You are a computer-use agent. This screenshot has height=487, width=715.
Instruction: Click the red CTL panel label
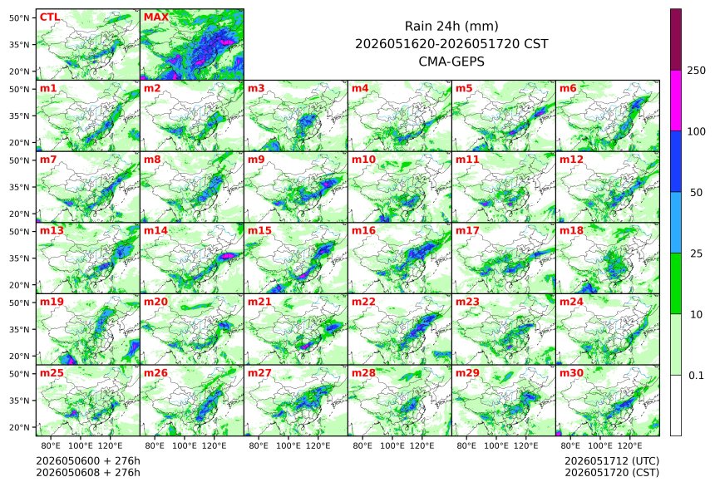(50, 17)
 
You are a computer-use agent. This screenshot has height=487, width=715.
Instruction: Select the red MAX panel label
(156, 17)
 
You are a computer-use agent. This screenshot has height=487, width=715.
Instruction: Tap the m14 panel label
(156, 231)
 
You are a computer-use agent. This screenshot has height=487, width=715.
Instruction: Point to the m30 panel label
(571, 373)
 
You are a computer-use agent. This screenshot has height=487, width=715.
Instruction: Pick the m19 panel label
(52, 302)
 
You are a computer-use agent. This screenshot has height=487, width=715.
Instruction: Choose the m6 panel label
(568, 88)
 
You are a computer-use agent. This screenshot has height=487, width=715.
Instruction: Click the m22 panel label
(363, 302)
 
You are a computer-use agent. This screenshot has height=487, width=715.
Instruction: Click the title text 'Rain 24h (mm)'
(451, 27)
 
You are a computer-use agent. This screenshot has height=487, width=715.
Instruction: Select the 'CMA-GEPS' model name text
(451, 61)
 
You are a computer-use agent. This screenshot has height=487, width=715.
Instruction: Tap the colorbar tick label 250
(697, 71)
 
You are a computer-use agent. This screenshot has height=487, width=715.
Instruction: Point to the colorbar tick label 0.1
(697, 376)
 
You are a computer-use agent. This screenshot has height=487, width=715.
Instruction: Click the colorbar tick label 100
(697, 132)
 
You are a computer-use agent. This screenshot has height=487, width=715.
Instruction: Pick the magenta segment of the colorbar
(676, 101)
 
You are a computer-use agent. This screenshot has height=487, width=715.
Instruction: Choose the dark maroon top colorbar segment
(676, 40)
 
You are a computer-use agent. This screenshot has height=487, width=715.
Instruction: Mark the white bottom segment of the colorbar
(676, 406)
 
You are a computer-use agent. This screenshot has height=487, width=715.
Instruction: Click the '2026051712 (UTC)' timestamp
(612, 461)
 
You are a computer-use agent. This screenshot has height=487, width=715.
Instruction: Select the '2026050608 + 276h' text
(88, 473)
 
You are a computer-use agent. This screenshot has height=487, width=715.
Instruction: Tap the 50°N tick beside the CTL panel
(19, 17)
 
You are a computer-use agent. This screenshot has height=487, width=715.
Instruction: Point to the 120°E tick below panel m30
(629, 445)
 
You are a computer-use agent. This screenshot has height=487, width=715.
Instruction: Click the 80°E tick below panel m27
(259, 445)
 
